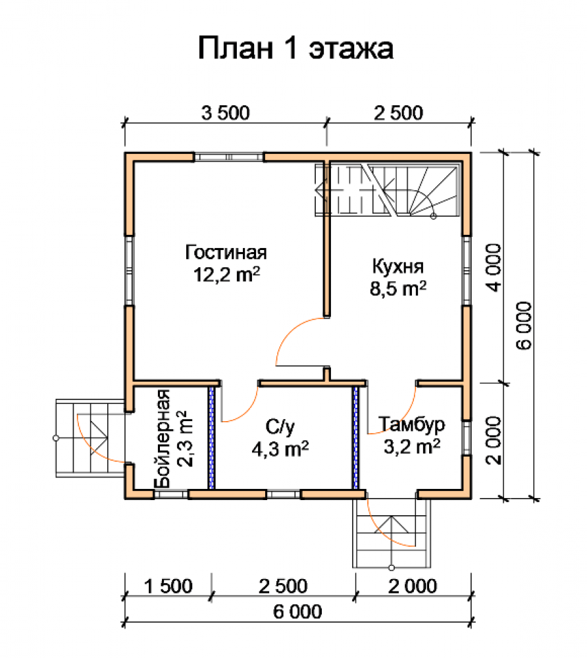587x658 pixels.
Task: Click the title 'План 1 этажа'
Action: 295,48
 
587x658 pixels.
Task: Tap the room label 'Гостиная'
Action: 226,253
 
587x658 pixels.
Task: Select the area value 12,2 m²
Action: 226,275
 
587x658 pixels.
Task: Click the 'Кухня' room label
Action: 397,267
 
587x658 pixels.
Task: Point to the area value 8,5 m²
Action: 397,289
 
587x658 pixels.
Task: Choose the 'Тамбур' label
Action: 411,424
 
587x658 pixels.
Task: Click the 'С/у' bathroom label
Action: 280,427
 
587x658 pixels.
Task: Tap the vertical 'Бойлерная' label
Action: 163,439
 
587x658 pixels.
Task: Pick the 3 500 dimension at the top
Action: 225,113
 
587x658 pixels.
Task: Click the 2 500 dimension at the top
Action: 398,113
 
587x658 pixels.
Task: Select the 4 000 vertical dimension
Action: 494,268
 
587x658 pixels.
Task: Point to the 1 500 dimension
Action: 168,586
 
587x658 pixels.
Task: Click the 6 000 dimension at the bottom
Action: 297,611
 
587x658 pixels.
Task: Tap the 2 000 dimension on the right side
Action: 494,440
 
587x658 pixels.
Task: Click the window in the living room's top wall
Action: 228,157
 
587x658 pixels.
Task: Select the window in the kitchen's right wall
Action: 467,270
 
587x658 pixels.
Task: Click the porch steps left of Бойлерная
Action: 90,438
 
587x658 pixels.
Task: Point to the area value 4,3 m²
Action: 280,449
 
